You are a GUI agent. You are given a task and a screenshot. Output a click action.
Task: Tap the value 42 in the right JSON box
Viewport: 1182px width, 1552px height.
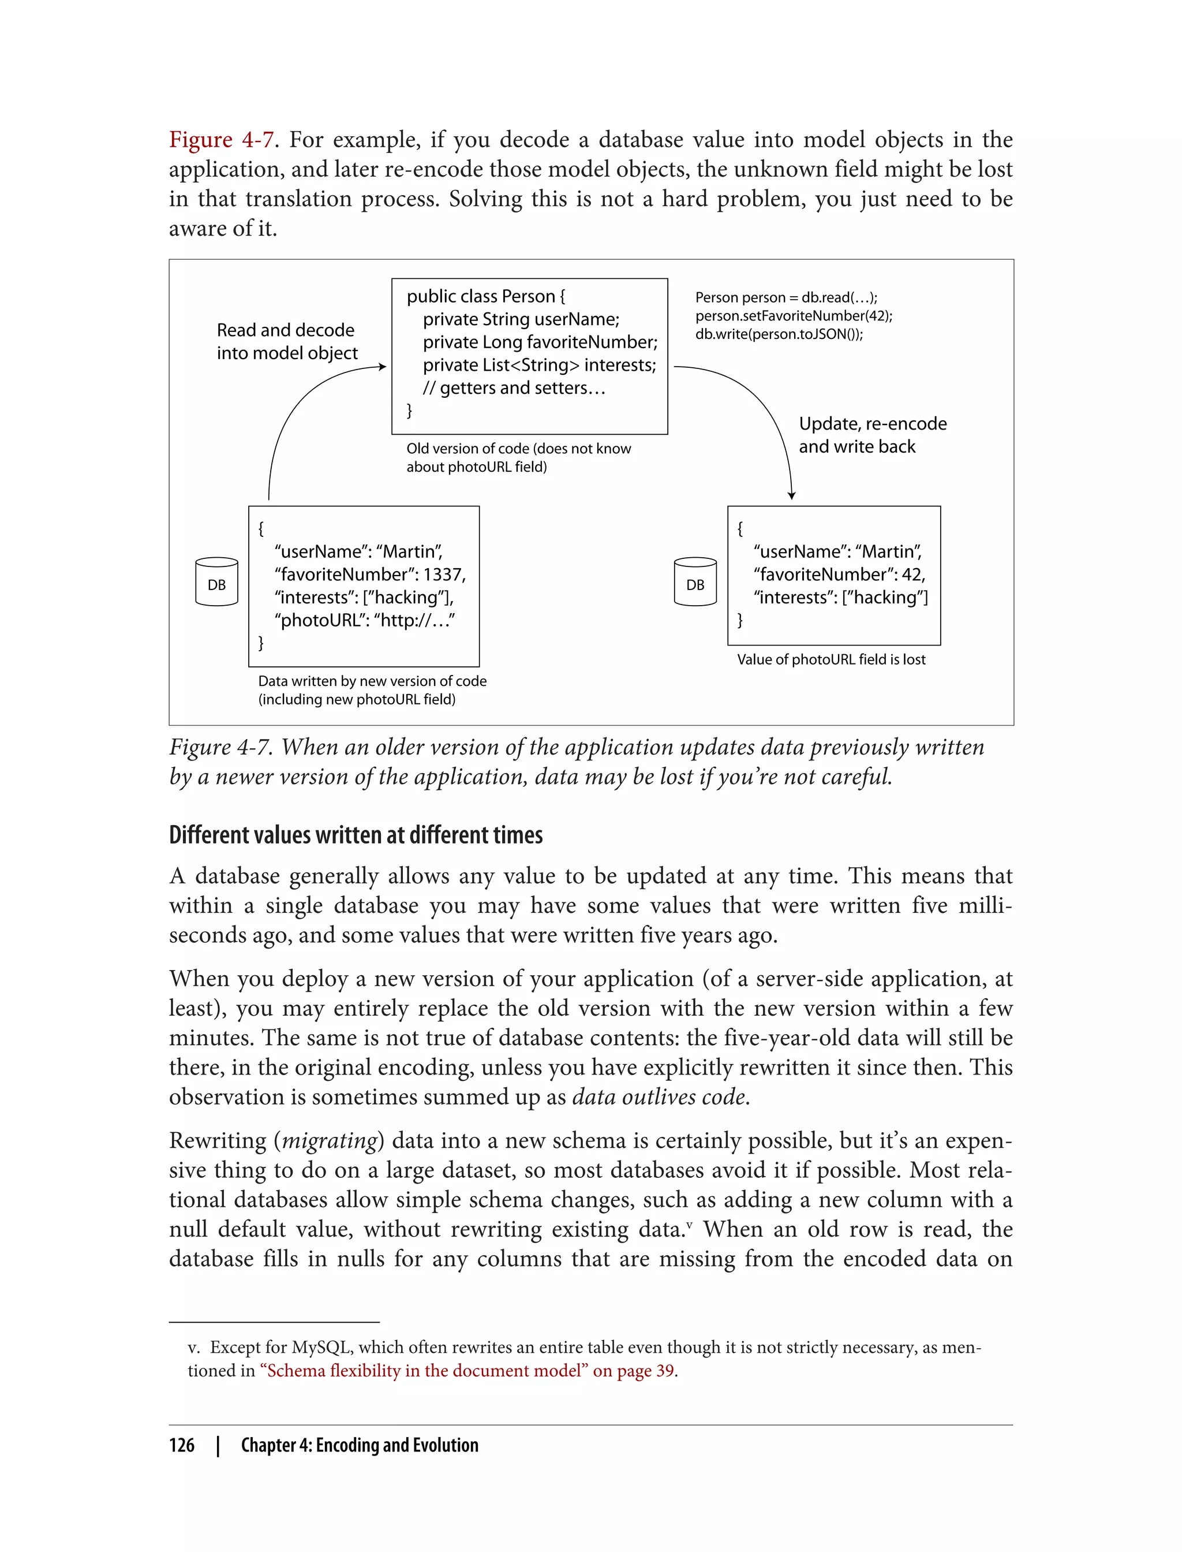point(912,574)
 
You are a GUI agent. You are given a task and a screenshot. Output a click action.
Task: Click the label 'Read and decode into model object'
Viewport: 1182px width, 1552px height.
point(286,341)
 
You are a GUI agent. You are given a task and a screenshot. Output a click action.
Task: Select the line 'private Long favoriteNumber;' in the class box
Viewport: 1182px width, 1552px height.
point(540,342)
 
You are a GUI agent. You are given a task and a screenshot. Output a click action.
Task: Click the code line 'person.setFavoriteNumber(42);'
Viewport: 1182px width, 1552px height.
point(793,315)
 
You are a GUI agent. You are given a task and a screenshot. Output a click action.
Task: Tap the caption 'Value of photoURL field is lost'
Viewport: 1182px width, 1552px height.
point(831,659)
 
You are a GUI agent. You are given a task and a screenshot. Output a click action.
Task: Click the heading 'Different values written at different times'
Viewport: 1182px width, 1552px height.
point(356,835)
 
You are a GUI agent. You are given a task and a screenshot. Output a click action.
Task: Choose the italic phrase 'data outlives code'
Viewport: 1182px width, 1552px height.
point(659,1096)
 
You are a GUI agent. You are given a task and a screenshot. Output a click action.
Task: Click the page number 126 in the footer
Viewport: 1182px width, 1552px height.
point(182,1445)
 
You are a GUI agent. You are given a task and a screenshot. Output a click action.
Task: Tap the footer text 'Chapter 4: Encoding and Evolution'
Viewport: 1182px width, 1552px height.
point(359,1445)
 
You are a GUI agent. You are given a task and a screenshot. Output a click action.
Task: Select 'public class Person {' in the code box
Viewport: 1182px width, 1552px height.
point(485,296)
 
